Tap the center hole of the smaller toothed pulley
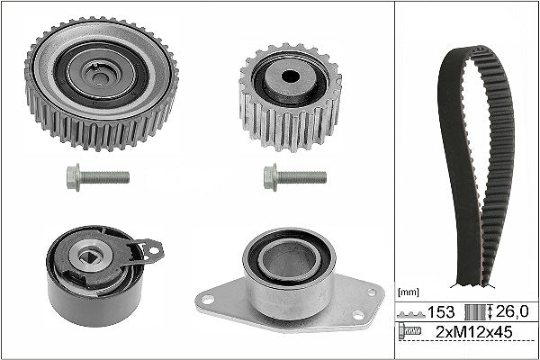click(290, 76)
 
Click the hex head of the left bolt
click(75, 176)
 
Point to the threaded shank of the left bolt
click(108, 176)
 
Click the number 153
click(439, 311)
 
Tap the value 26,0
click(514, 311)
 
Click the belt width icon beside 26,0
click(475, 311)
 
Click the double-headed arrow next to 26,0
click(491, 311)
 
